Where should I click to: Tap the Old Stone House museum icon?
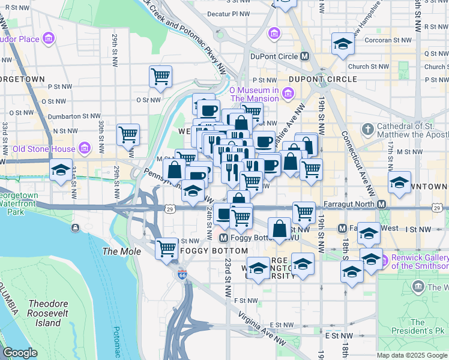[84, 148]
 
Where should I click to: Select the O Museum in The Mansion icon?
[288, 93]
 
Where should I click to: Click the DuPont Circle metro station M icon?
[305, 56]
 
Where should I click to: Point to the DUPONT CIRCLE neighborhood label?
[323, 79]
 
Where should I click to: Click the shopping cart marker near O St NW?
[160, 76]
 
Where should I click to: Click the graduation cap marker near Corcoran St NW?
[343, 43]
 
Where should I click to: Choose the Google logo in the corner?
[20, 353]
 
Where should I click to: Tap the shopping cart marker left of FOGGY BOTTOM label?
[166, 248]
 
